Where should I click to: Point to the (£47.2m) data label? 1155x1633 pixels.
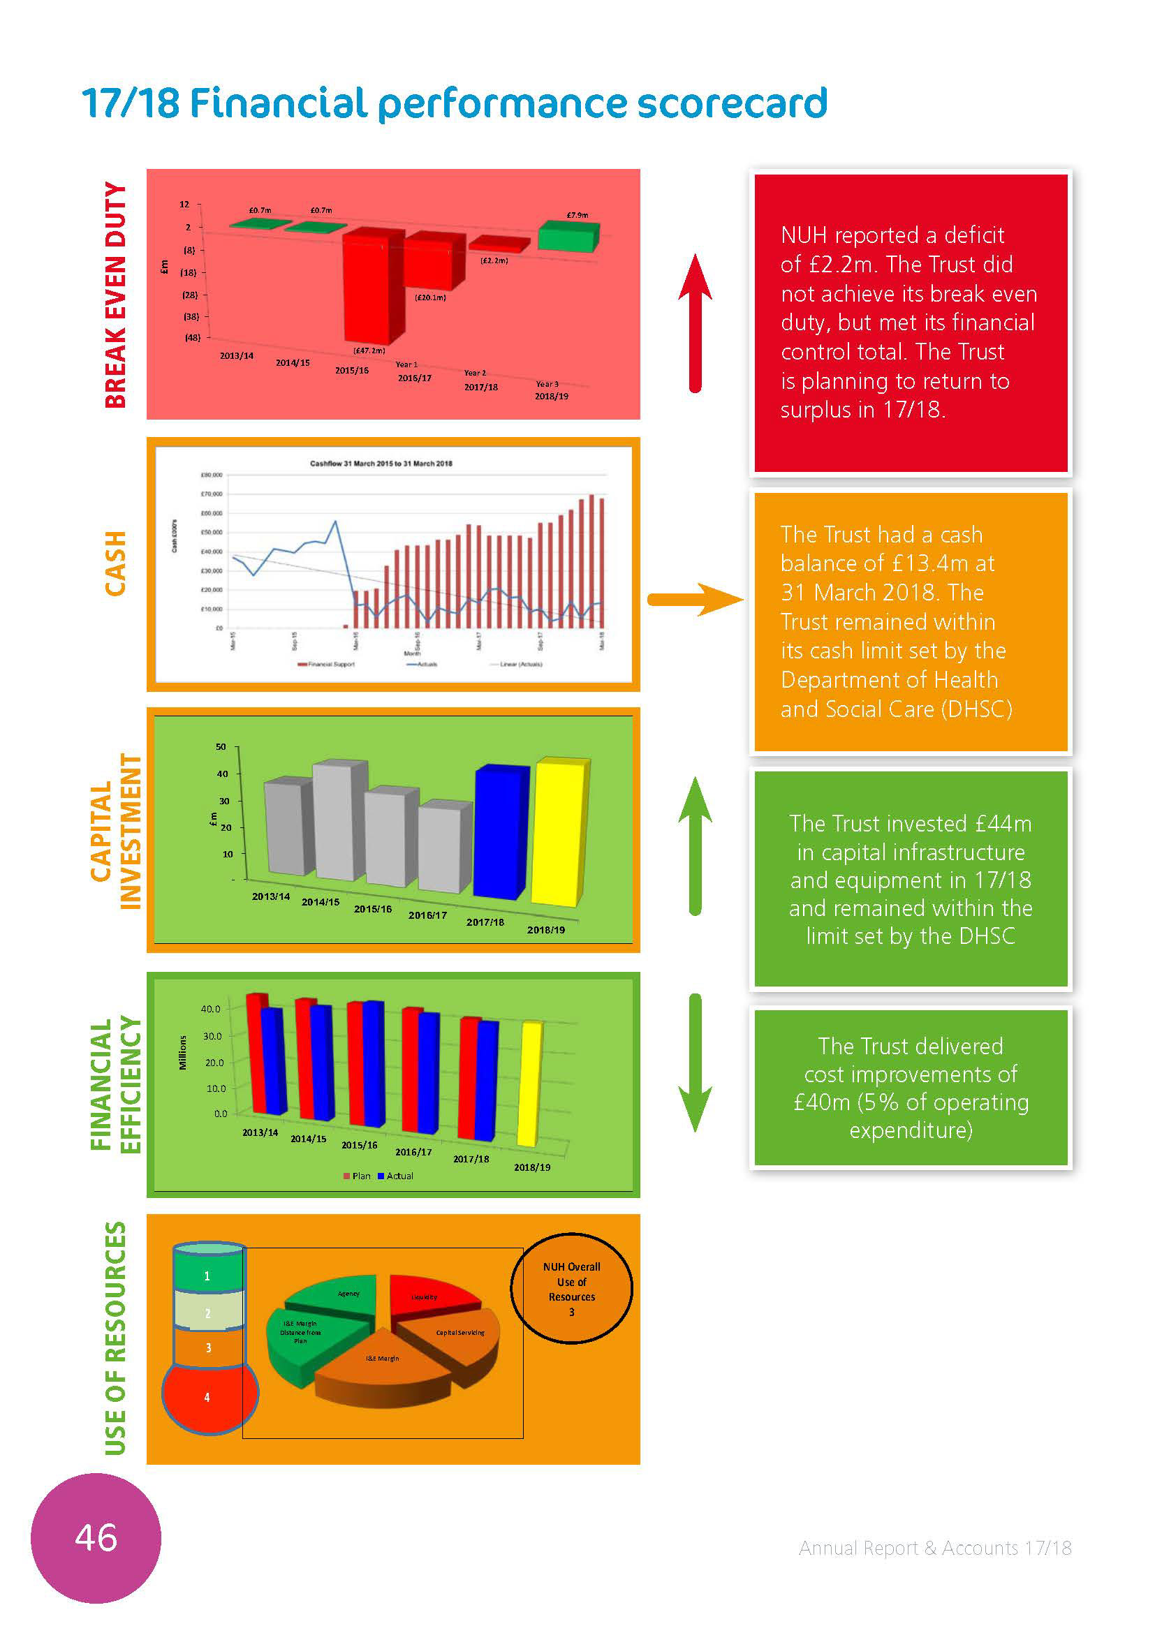pos(369,350)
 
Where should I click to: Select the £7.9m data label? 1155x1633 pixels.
pos(577,215)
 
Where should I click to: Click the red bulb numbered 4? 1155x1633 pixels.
pos(207,1397)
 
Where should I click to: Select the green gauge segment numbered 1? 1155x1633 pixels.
pos(207,1276)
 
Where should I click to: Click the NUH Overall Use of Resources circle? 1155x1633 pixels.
pos(571,1289)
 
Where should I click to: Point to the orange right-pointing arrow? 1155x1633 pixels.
pos(693,600)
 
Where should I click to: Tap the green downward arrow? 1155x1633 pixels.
pos(695,1063)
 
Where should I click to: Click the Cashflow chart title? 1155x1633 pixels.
pos(381,464)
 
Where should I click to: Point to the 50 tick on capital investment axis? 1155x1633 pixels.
pos(221,747)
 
